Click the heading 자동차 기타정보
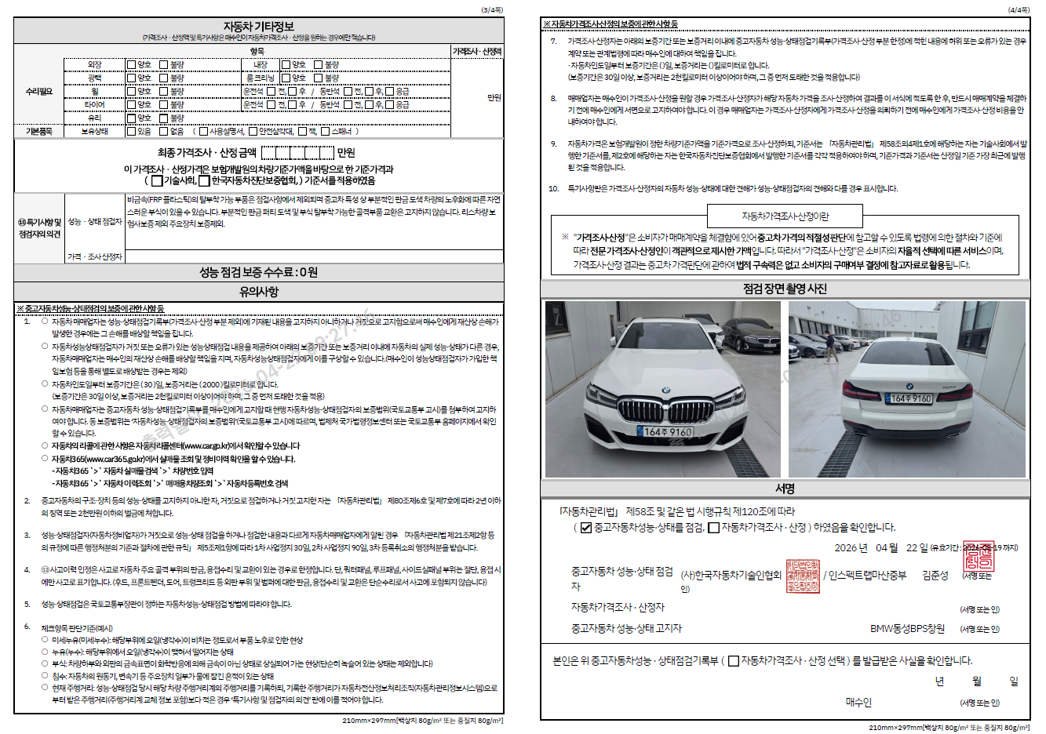258,26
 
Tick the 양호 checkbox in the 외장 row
132,64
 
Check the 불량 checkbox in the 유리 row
164,118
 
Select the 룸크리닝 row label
260,78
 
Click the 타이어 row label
94,104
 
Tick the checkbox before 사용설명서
204,132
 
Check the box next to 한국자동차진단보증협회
205,181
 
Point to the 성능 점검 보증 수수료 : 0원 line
258,272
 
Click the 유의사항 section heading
258,292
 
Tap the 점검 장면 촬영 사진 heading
785,289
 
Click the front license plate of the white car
664,431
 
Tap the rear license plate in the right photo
910,398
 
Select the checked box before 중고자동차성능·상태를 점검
585,528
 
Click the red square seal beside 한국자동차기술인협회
803,576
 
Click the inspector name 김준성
935,576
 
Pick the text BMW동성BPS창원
907,629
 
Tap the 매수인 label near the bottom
858,702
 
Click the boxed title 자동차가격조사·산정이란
785,216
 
